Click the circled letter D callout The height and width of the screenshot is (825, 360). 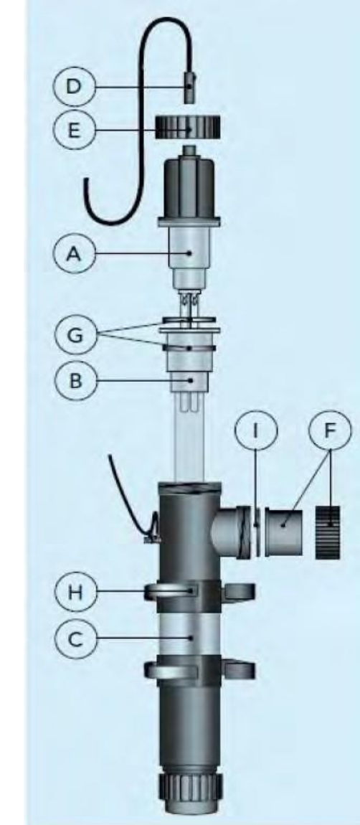tap(74, 86)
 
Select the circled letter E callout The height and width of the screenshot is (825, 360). tap(74, 129)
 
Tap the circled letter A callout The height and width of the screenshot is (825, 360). tap(74, 254)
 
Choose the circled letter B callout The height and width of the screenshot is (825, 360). tap(75, 380)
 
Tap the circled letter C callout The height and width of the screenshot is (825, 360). tap(75, 637)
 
